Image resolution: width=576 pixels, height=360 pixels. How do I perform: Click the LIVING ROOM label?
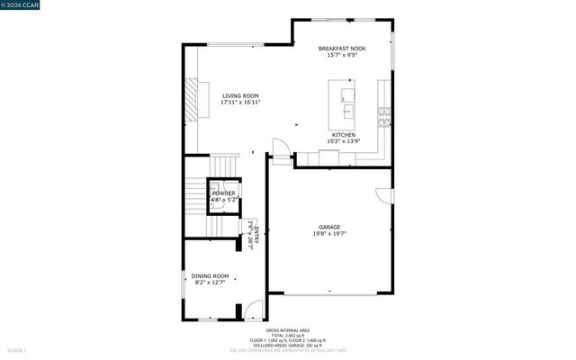[240, 95]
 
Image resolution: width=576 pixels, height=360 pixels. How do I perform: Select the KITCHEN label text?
[344, 134]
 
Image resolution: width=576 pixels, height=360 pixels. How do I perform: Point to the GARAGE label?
[329, 227]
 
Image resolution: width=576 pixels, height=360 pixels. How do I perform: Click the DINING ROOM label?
[210, 275]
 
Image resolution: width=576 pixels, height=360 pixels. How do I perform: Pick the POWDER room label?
[223, 193]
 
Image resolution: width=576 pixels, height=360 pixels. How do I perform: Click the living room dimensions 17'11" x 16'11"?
[240, 103]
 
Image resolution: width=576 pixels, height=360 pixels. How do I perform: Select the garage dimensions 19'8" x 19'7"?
[329, 234]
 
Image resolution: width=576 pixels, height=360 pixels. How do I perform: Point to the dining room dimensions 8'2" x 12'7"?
[210, 283]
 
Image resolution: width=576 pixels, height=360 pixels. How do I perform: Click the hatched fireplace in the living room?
[191, 96]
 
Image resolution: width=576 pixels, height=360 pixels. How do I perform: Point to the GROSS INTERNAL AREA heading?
[288, 328]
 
